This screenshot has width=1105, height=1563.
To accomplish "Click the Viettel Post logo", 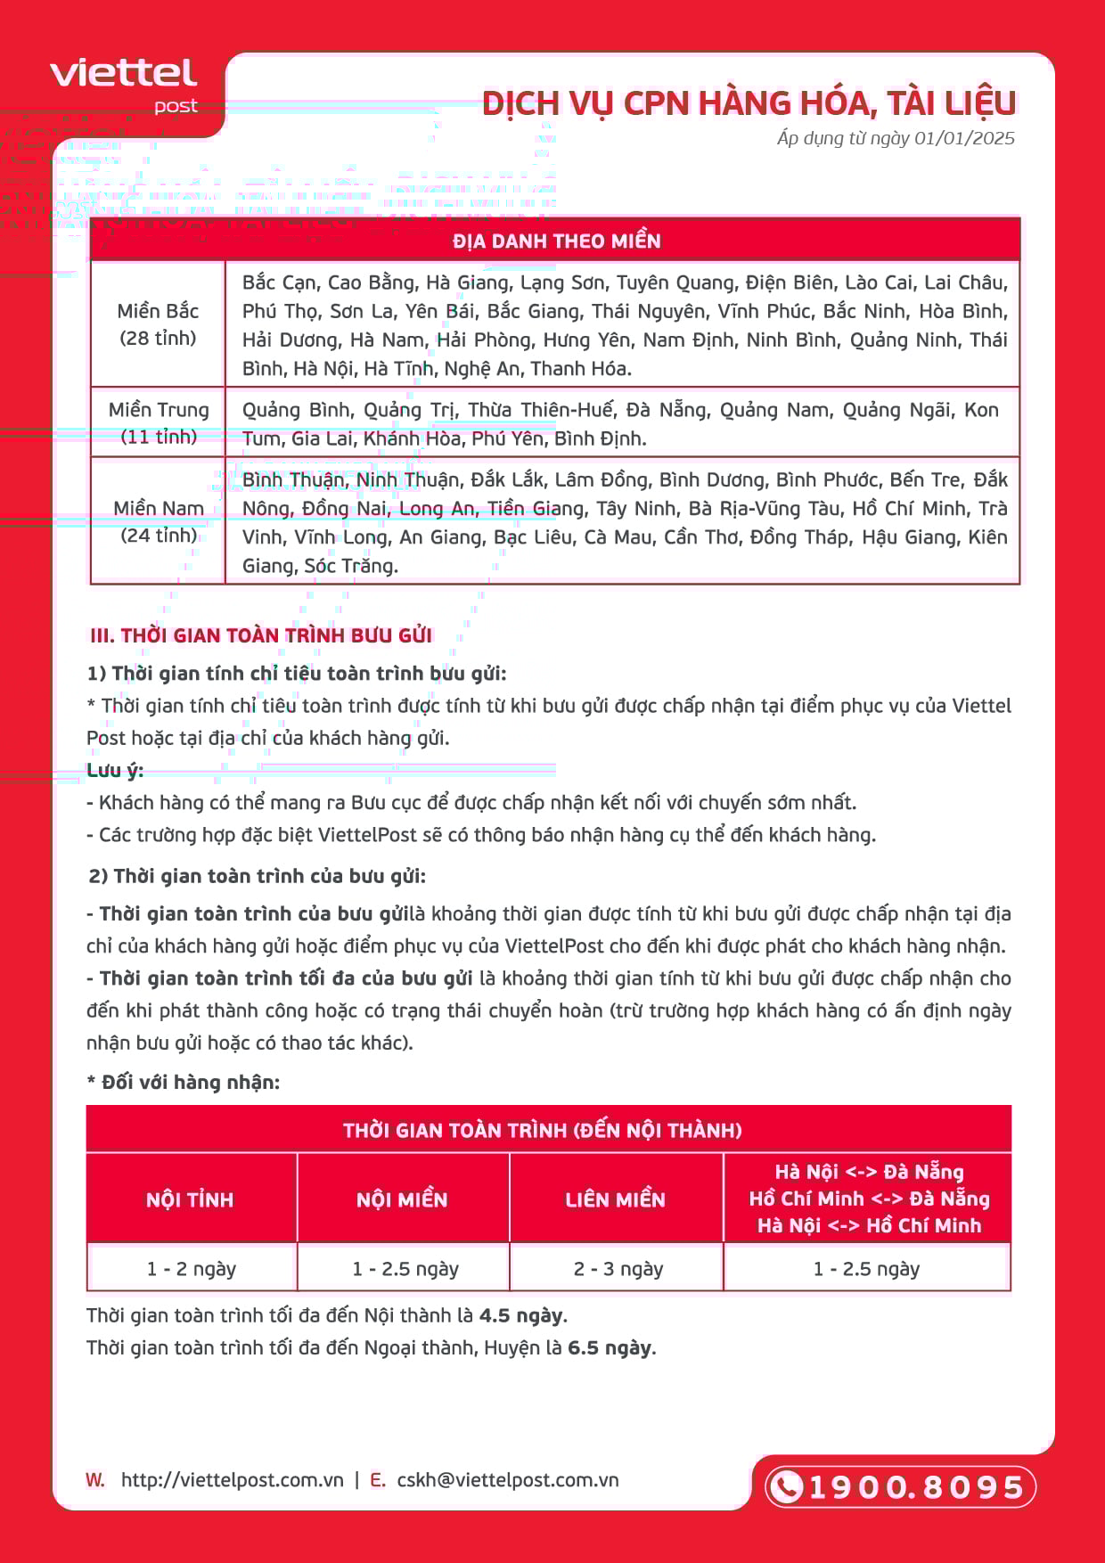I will (x=124, y=85).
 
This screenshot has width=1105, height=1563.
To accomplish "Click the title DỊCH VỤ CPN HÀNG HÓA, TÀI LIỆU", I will (x=749, y=103).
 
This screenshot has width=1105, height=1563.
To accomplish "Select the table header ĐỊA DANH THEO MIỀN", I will (x=556, y=241).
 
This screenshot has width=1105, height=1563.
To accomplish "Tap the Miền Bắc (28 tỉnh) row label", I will (x=158, y=324).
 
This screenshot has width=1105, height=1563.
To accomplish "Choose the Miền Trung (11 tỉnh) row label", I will (x=159, y=422).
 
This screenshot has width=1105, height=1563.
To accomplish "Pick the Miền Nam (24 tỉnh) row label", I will (x=159, y=521).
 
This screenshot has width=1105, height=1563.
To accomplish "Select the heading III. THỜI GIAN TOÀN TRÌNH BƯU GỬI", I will (x=260, y=635).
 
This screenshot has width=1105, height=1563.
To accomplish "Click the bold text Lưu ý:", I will (x=115, y=770).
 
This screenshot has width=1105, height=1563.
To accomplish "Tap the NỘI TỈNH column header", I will (x=190, y=1199).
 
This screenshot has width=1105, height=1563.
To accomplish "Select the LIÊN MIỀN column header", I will (x=615, y=1199).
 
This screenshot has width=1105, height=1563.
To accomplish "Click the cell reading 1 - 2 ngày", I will (x=192, y=1268).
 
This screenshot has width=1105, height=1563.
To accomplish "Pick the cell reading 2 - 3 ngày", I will (x=618, y=1268).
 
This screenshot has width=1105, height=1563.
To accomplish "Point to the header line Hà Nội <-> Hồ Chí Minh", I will (x=869, y=1226).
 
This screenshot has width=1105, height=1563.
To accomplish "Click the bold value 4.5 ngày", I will (x=522, y=1315).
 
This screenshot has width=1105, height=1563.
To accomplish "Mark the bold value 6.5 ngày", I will (x=611, y=1347).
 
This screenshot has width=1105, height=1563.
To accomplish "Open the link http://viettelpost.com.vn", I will (x=232, y=1480).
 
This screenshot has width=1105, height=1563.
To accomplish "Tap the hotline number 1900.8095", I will (x=915, y=1487).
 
